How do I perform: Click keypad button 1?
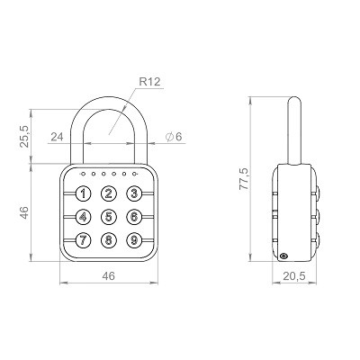[x=83, y=193]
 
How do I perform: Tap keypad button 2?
[x=109, y=193]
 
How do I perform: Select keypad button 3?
[x=134, y=193]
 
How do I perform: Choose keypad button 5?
[x=109, y=217]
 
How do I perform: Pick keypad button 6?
[x=134, y=217]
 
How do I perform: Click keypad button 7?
[x=83, y=240]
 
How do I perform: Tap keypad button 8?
[x=109, y=240]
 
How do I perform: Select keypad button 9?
[x=134, y=240]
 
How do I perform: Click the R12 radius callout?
[x=150, y=82]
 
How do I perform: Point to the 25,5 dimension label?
[x=24, y=136]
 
